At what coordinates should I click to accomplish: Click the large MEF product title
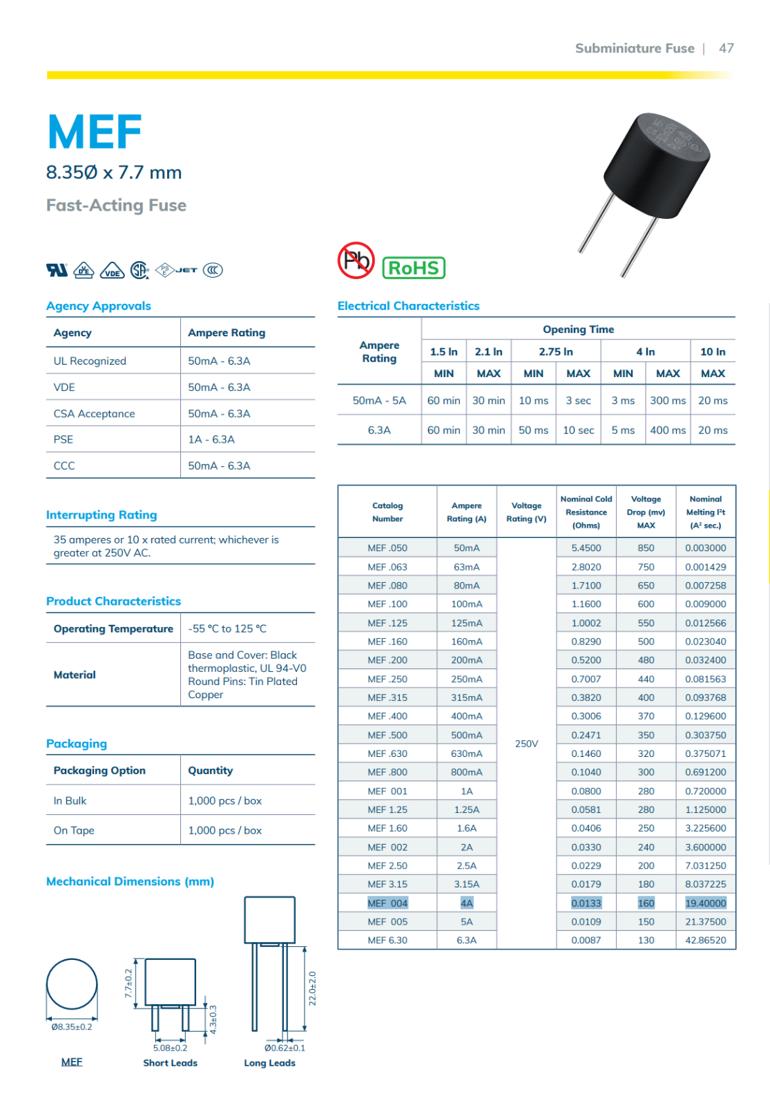click(x=95, y=132)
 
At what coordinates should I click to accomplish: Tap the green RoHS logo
click(x=414, y=268)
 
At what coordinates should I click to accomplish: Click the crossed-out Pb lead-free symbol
click(x=356, y=260)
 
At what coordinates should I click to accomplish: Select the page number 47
click(x=726, y=48)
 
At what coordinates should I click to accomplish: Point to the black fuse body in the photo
click(x=655, y=166)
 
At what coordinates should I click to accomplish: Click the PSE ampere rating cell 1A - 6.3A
click(x=211, y=439)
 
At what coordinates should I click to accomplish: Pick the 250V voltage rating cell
click(x=526, y=744)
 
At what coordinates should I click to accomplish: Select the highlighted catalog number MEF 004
click(x=387, y=903)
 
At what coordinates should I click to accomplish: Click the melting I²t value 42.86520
click(x=705, y=941)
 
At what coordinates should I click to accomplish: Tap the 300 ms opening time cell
click(x=668, y=401)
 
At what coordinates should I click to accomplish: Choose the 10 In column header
click(x=713, y=352)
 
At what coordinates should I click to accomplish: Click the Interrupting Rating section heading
click(x=102, y=515)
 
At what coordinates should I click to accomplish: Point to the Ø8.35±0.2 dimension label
click(x=72, y=1027)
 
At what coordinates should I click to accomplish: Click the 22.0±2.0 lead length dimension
click(x=312, y=988)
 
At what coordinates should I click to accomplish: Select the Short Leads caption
click(x=170, y=1063)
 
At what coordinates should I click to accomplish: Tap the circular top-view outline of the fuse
click(x=72, y=984)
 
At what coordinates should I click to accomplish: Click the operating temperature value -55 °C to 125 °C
click(x=227, y=628)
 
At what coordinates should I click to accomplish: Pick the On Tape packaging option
click(x=74, y=830)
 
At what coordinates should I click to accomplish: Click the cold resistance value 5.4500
click(x=586, y=548)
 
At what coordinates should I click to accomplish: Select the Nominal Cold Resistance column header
click(x=586, y=512)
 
